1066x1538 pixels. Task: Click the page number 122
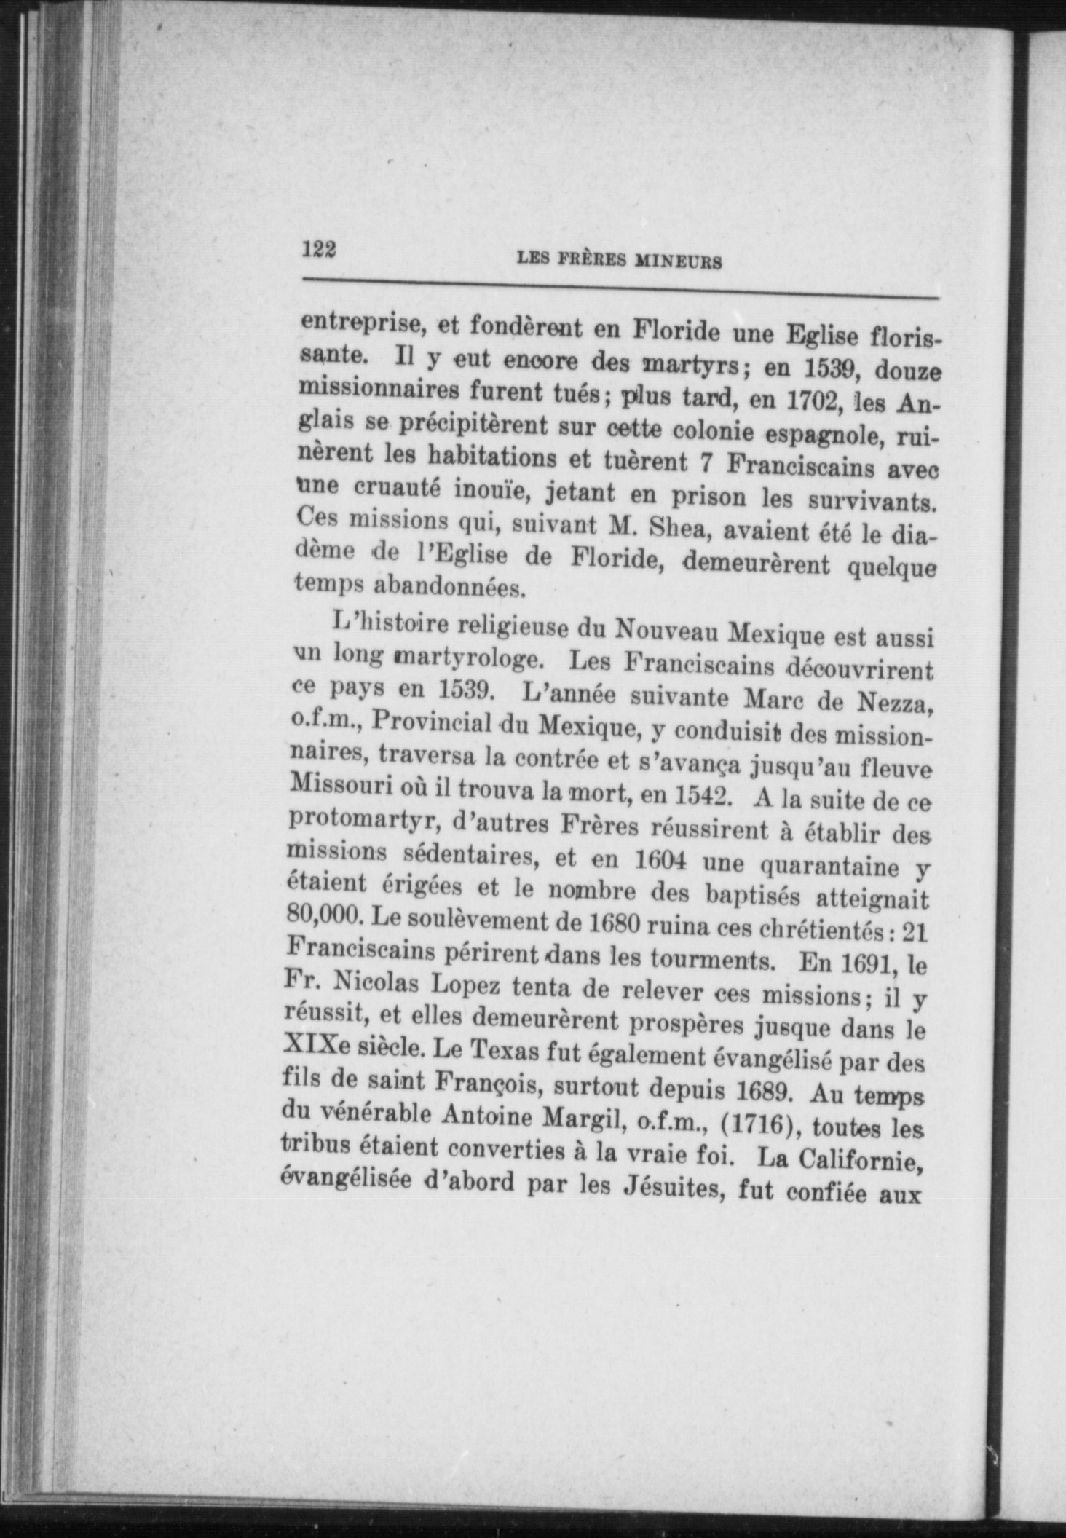click(x=319, y=250)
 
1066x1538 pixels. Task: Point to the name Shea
click(x=682, y=529)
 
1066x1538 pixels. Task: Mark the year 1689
click(x=757, y=1092)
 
